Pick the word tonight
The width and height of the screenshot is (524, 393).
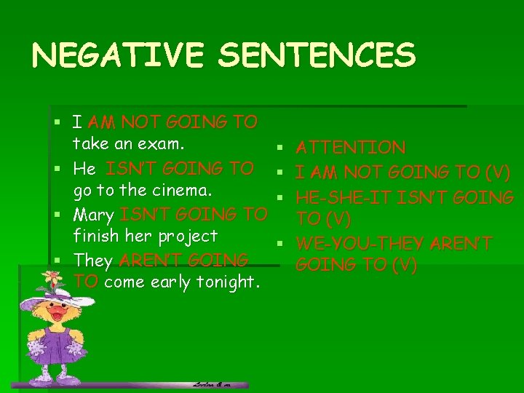[x=226, y=283]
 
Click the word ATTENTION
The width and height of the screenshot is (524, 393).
[x=351, y=148]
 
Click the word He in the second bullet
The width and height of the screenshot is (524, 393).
[x=84, y=170]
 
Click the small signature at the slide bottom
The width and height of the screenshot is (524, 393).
[x=212, y=384]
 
